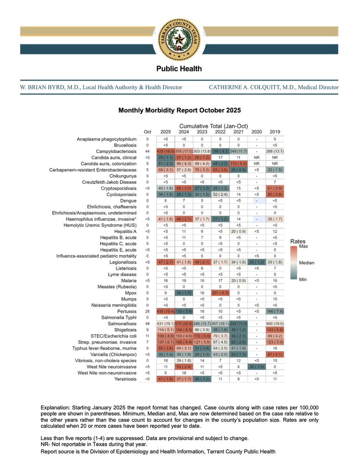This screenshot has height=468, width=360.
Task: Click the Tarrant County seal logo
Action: (179, 39)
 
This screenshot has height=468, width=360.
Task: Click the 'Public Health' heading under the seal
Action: (179, 69)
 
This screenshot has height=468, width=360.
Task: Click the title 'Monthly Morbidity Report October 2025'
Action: (180, 110)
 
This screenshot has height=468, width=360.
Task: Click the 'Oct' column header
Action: (147, 132)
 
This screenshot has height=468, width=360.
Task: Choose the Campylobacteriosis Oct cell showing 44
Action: (147, 151)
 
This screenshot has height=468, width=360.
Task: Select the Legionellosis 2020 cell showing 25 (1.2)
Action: (255, 262)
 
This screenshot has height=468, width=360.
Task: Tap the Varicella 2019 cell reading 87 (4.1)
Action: (275, 354)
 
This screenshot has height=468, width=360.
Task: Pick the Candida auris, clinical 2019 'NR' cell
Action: (275, 157)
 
